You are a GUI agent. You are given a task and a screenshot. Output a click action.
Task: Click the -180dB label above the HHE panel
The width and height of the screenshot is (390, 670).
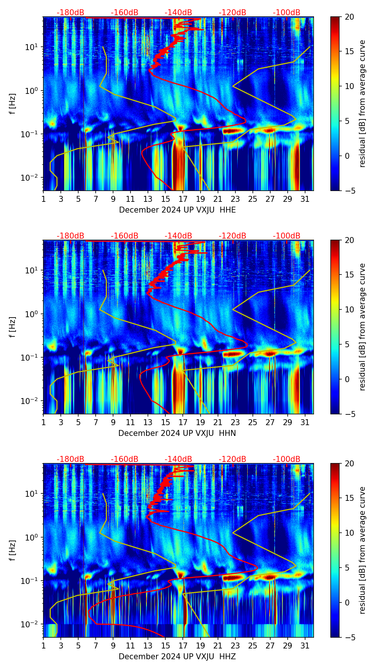(x=70, y=13)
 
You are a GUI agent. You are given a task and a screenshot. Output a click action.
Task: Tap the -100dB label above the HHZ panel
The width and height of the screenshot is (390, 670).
(x=287, y=459)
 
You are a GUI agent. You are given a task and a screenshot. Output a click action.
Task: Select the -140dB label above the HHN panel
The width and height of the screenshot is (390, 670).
(x=178, y=236)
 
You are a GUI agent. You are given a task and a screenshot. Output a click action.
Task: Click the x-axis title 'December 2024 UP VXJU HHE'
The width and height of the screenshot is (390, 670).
(x=177, y=210)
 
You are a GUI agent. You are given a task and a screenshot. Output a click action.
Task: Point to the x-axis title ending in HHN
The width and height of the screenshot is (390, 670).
(x=177, y=433)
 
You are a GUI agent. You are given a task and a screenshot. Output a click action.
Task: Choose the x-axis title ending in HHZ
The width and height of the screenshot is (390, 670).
(x=177, y=657)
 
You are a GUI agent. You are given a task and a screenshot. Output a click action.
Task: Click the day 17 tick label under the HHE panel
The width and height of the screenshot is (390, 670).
(x=183, y=199)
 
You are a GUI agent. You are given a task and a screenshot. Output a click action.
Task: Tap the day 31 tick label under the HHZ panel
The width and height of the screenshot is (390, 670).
(x=305, y=646)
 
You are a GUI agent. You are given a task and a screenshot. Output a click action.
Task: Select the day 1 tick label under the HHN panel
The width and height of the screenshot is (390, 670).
(x=43, y=422)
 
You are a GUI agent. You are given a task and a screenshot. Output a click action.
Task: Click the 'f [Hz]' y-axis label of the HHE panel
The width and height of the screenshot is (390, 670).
(x=13, y=104)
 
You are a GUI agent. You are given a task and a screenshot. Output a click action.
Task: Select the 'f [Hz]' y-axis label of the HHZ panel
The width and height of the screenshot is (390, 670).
(x=13, y=551)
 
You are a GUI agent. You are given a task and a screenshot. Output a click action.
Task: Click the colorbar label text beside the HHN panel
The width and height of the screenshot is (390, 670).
(x=362, y=327)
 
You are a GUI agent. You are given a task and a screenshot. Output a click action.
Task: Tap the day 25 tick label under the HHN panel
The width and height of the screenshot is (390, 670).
(x=253, y=422)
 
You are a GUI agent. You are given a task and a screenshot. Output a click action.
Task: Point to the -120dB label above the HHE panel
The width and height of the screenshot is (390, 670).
(x=232, y=13)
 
